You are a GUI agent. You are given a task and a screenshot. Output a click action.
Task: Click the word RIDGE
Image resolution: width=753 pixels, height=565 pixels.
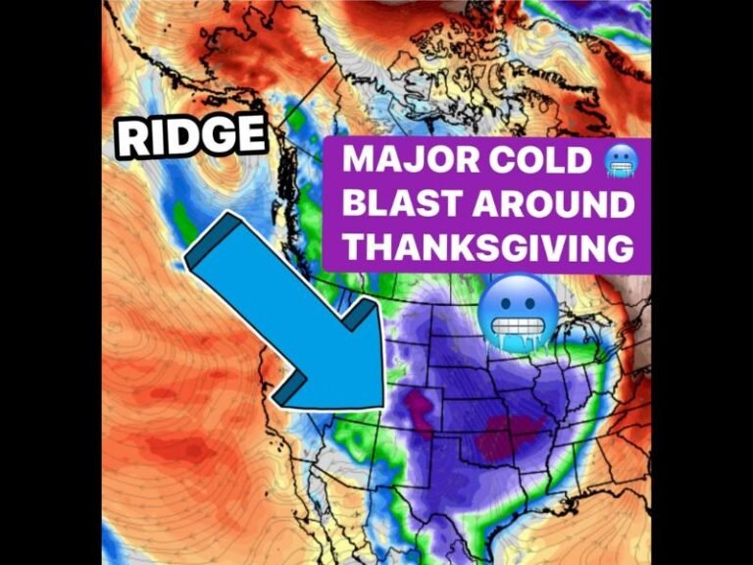pyautogui.click(x=191, y=135)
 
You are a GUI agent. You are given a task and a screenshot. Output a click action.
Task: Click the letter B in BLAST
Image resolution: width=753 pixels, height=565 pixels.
pyautogui.click(x=353, y=205)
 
